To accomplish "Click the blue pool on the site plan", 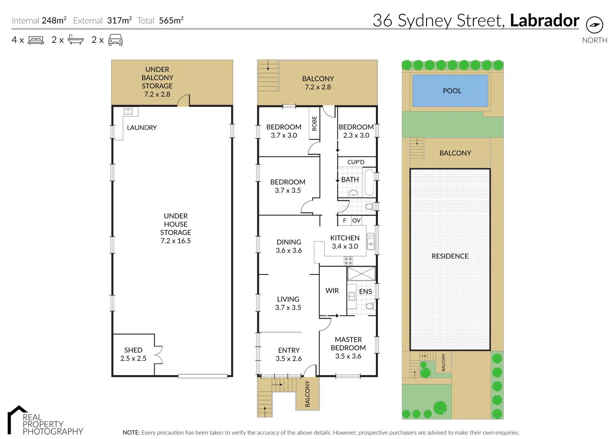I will tap(450, 91).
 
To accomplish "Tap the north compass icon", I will tap(595, 25).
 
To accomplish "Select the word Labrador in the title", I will tap(544, 20).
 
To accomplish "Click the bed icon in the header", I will tap(36, 40).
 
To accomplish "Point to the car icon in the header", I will tap(116, 40).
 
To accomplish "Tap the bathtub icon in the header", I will tap(76, 40).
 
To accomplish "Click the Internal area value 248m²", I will tap(54, 20).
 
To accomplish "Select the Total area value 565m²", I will tap(171, 20).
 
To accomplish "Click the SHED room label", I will tap(133, 350).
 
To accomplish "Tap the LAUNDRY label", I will tap(142, 128).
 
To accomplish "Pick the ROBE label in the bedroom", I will tap(314, 124).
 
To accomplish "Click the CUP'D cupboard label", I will tap(356, 162).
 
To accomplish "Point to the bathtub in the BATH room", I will tap(369, 183).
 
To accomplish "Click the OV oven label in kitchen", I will tap(356, 221).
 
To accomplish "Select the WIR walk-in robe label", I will tap(332, 291).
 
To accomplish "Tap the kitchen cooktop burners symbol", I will tap(348, 261).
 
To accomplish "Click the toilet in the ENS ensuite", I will tap(370, 306).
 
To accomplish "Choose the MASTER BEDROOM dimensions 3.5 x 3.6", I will tap(348, 356).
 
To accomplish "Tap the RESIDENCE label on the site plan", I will tap(450, 256).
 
